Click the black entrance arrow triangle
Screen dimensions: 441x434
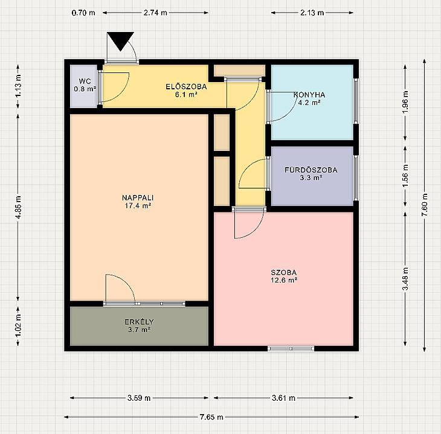(120, 40)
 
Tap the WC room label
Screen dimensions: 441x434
(85, 85)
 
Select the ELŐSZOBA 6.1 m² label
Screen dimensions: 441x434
(186, 90)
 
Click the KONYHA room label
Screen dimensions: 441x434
(309, 98)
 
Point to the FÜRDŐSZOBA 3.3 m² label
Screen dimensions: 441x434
(311, 174)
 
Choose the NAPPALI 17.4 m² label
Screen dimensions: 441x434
(138, 202)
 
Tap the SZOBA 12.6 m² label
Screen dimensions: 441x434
(284, 276)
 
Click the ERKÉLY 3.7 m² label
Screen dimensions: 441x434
(139, 325)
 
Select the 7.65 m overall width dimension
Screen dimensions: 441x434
(211, 417)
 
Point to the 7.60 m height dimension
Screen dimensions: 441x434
(425, 205)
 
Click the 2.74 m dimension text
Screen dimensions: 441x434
(155, 13)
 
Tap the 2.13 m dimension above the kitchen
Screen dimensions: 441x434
(312, 13)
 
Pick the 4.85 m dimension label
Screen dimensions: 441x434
(18, 208)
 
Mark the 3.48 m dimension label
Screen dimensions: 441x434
(405, 279)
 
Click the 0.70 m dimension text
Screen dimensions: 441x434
(83, 13)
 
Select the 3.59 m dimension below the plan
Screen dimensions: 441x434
(139, 398)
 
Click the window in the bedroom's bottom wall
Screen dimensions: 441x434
(291, 348)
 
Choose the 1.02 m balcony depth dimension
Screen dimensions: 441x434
(18, 326)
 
